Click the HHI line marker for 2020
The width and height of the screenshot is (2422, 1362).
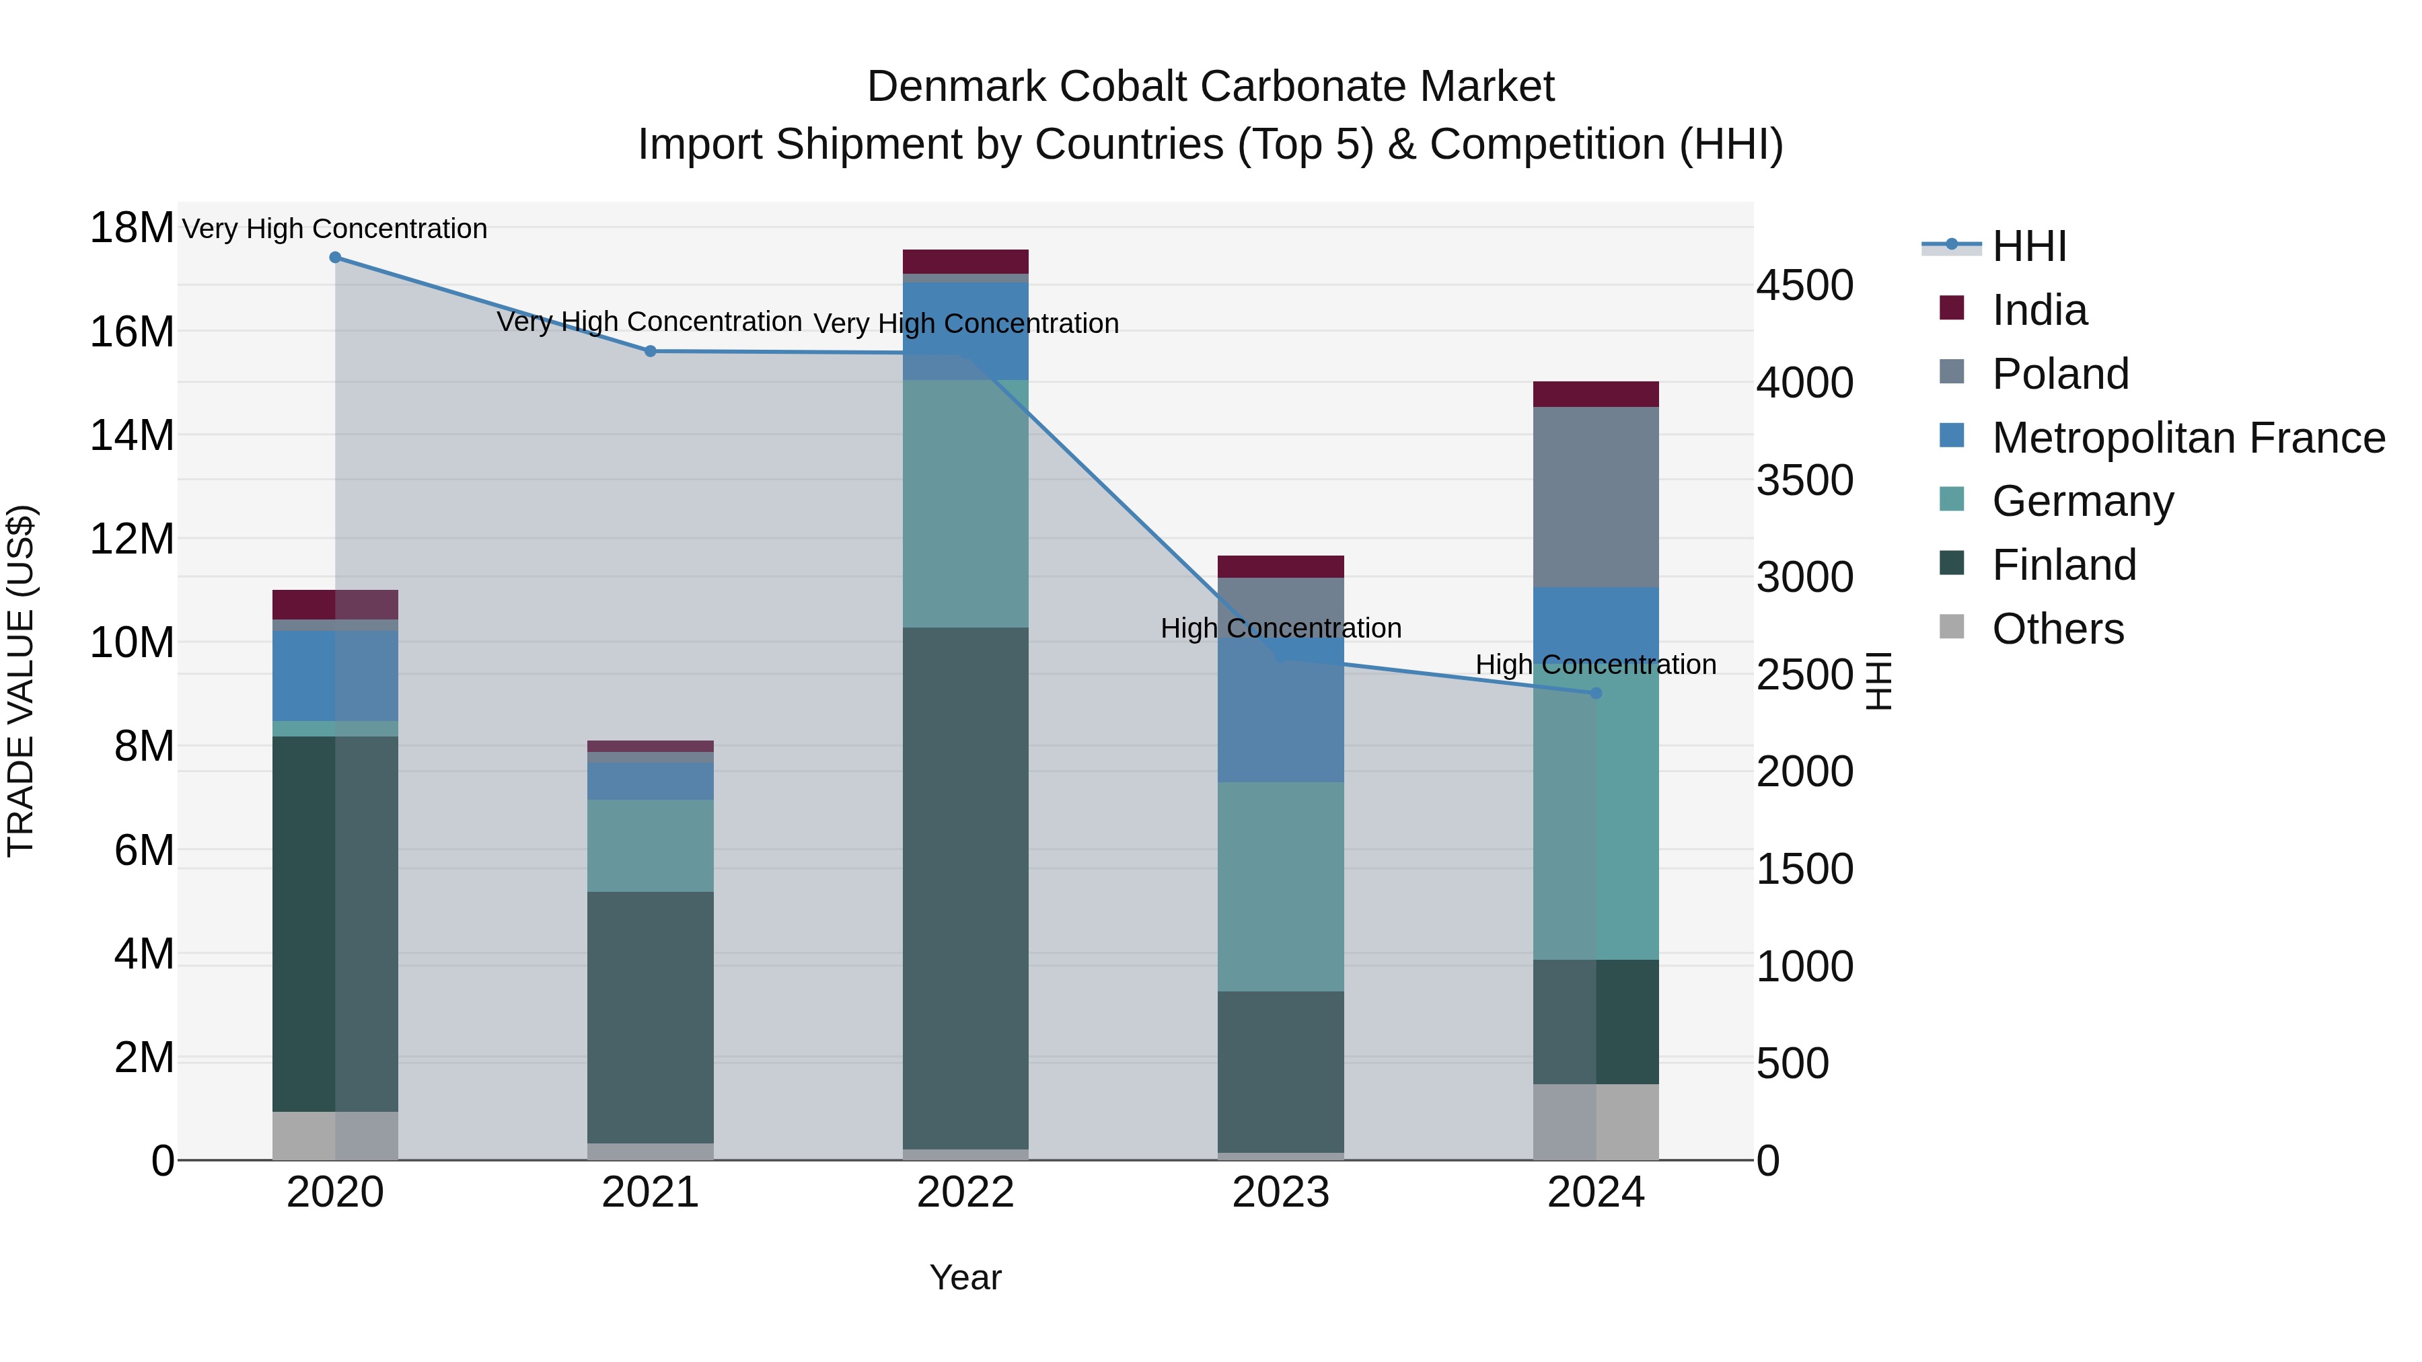click(x=335, y=258)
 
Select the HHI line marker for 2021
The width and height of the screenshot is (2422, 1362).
click(x=650, y=352)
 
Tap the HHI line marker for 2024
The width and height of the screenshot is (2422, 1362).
click(x=1596, y=693)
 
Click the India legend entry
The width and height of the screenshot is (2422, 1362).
click(x=2039, y=310)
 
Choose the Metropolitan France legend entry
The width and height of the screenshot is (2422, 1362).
click(x=2187, y=438)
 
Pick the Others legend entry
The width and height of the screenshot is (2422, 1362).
click(x=2057, y=629)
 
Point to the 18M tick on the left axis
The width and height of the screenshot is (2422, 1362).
click(x=132, y=229)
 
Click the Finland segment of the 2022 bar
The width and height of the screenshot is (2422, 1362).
click(x=965, y=888)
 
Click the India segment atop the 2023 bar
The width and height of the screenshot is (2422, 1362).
click(x=1280, y=567)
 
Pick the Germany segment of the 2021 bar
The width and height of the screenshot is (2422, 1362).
click(x=650, y=846)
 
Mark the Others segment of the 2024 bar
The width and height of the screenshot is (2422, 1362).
click(x=1596, y=1123)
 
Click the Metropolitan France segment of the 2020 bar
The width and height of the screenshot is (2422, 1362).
click(x=335, y=676)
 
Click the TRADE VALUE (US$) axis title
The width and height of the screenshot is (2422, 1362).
click(x=21, y=681)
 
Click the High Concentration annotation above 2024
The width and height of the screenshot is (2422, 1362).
click(x=1596, y=665)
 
